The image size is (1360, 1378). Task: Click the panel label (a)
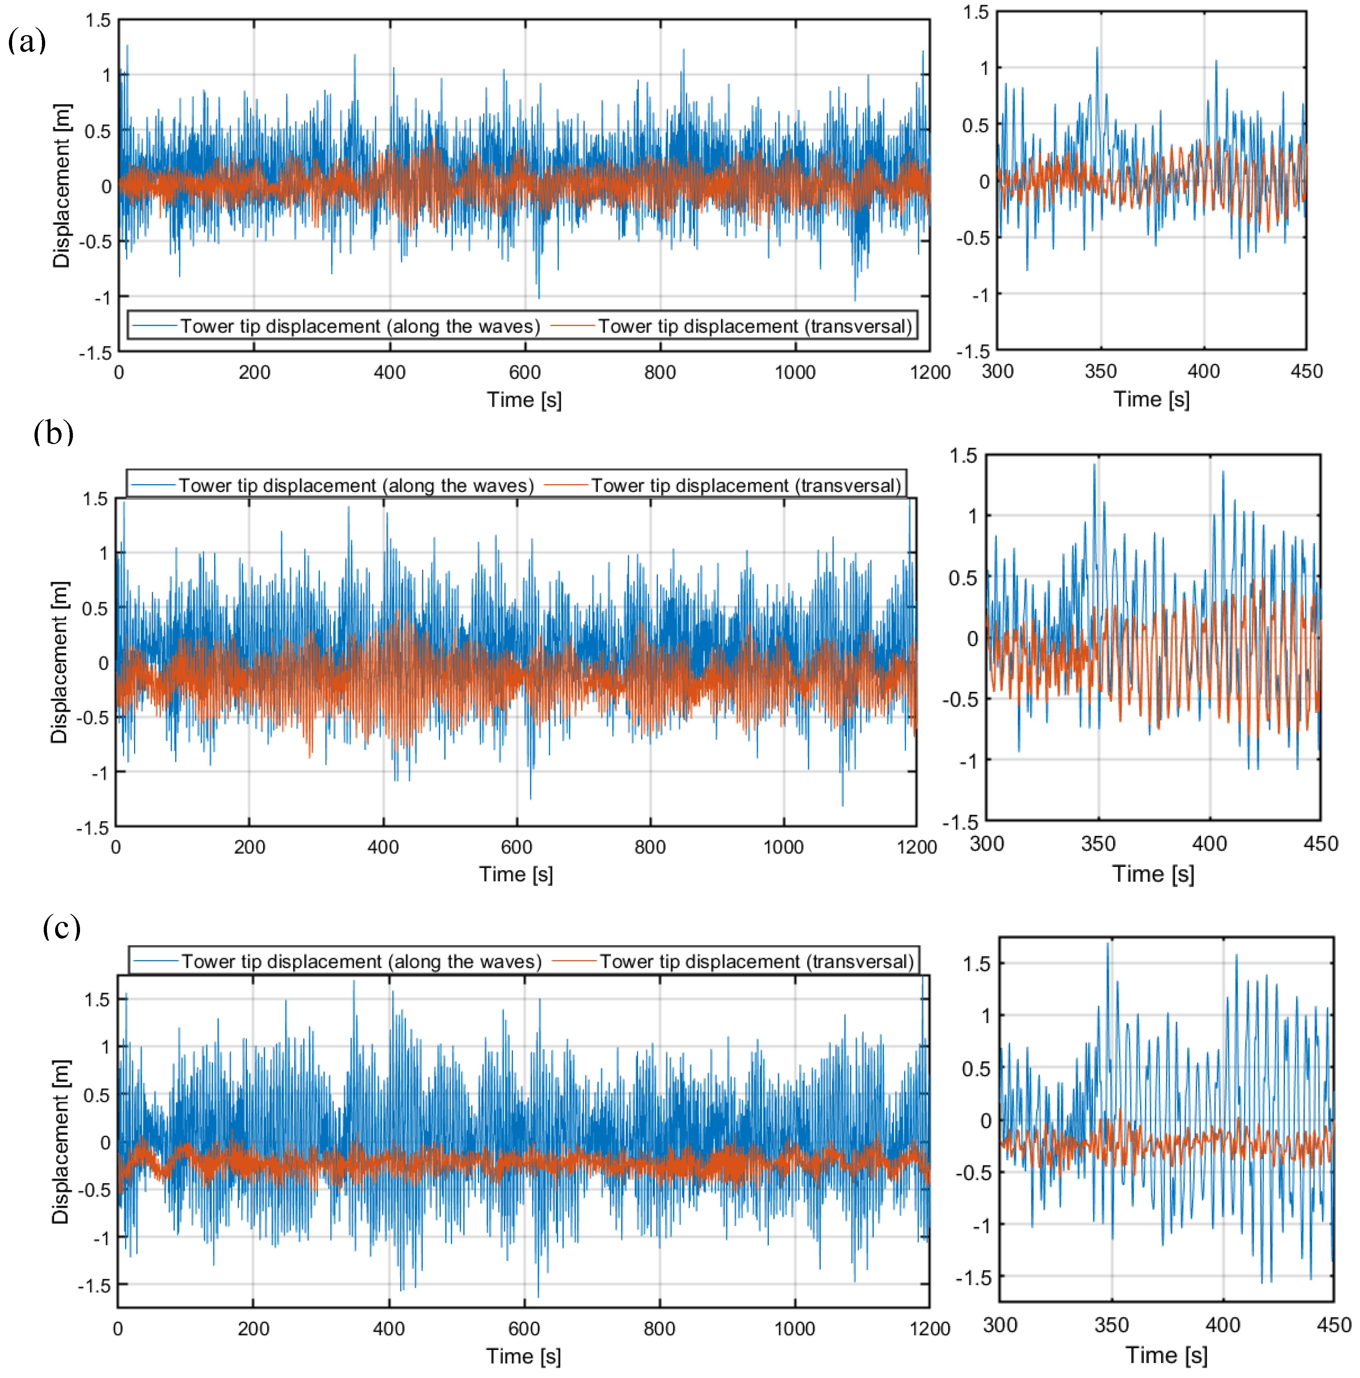(27, 41)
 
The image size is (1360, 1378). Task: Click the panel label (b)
(53, 432)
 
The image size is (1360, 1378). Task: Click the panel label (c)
(62, 927)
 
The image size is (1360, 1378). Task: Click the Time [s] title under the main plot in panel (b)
(516, 874)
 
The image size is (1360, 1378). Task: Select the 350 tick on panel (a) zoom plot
(1100, 371)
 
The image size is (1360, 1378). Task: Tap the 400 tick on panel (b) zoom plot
(1210, 844)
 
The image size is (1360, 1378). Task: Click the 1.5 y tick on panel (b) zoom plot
(962, 456)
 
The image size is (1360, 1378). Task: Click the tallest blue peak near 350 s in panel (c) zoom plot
(1108, 944)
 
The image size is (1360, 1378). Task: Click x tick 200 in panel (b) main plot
(249, 847)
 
